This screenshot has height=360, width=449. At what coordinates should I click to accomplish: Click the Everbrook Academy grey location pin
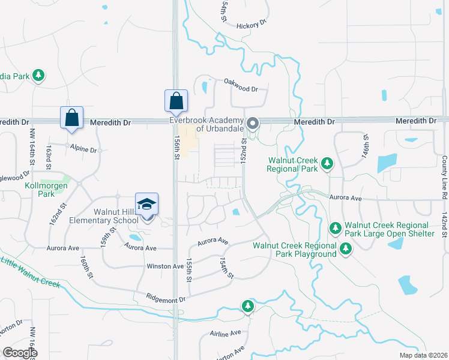tap(253, 124)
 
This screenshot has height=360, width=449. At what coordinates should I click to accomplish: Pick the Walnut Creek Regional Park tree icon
tap(327, 163)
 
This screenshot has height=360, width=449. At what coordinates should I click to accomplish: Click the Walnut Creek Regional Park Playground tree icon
tap(345, 248)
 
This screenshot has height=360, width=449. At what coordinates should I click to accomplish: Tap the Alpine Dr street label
tap(83, 149)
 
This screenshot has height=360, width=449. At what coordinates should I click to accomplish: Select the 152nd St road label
tap(244, 152)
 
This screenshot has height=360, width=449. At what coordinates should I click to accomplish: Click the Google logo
tap(20, 353)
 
